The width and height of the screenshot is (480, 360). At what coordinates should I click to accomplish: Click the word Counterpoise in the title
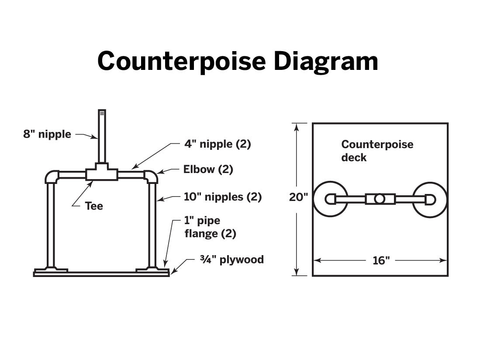click(182, 62)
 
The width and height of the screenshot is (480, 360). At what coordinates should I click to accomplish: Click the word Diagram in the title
click(326, 62)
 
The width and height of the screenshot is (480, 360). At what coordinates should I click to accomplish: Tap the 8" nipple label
click(47, 134)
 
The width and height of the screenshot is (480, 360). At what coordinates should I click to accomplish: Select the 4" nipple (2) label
click(218, 144)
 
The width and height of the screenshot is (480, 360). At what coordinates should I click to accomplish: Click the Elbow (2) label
click(208, 169)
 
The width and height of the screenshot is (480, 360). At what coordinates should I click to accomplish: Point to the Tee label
click(94, 206)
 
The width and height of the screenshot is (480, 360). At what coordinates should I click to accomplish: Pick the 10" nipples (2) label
click(223, 197)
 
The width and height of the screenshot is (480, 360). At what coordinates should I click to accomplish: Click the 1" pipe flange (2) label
click(210, 227)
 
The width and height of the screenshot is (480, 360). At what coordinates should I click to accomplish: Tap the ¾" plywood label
click(232, 260)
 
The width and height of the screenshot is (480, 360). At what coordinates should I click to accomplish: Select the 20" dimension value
click(298, 197)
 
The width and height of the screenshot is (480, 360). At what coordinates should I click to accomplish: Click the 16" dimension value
click(381, 260)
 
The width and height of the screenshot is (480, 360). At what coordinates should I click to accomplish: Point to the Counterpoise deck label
click(377, 151)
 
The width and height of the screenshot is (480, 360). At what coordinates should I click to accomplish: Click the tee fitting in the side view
click(102, 172)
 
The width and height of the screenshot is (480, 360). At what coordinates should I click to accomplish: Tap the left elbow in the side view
click(52, 177)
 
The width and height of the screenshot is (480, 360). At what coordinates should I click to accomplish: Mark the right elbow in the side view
click(151, 177)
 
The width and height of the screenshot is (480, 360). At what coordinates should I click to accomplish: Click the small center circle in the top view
click(380, 199)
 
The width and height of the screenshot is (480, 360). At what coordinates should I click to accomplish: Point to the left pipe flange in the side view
click(51, 270)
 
